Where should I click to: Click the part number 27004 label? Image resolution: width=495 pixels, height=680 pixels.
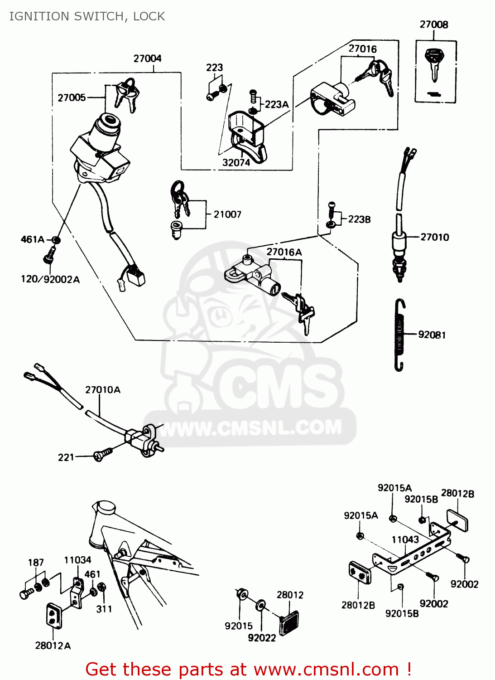pyautogui.click(x=147, y=58)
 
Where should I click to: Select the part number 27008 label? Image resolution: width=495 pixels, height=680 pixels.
pyautogui.click(x=433, y=24)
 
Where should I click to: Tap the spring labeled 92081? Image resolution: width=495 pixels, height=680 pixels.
pyautogui.click(x=399, y=335)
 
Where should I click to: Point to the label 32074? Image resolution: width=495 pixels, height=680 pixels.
pyautogui.click(x=236, y=163)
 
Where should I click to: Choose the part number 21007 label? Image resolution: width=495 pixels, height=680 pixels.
pyautogui.click(x=227, y=214)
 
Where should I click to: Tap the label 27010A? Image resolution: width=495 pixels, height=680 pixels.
pyautogui.click(x=103, y=390)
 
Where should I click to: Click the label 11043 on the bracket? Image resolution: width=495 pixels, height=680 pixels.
pyautogui.click(x=405, y=539)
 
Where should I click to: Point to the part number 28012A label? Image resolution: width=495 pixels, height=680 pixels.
pyautogui.click(x=53, y=646)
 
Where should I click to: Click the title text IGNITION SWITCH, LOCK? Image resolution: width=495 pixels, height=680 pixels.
pyautogui.click(x=87, y=16)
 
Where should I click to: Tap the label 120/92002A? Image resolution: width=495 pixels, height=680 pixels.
pyautogui.click(x=50, y=279)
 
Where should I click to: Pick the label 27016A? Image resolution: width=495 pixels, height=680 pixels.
pyautogui.click(x=284, y=252)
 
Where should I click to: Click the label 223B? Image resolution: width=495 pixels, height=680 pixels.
pyautogui.click(x=359, y=219)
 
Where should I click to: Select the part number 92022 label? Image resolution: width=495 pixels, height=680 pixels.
pyautogui.click(x=262, y=638)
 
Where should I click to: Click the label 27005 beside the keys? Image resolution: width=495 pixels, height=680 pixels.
pyautogui.click(x=72, y=97)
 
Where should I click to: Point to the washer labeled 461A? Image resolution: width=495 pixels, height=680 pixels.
pyautogui.click(x=56, y=240)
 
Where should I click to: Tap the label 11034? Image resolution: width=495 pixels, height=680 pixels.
pyautogui.click(x=77, y=560)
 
